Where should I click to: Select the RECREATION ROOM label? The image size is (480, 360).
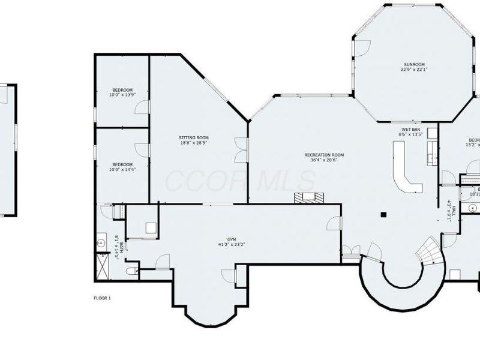327,154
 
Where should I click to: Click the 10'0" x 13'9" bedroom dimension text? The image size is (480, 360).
122,95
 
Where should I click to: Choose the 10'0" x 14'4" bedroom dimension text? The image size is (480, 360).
122,170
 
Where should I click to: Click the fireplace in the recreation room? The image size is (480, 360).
308,198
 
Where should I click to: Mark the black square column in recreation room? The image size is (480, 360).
383,214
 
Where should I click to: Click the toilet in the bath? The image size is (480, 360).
131,272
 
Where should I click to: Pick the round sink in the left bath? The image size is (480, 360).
101,243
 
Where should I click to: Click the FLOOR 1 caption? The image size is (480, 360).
103,298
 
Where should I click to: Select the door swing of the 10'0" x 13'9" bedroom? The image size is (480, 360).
142,107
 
